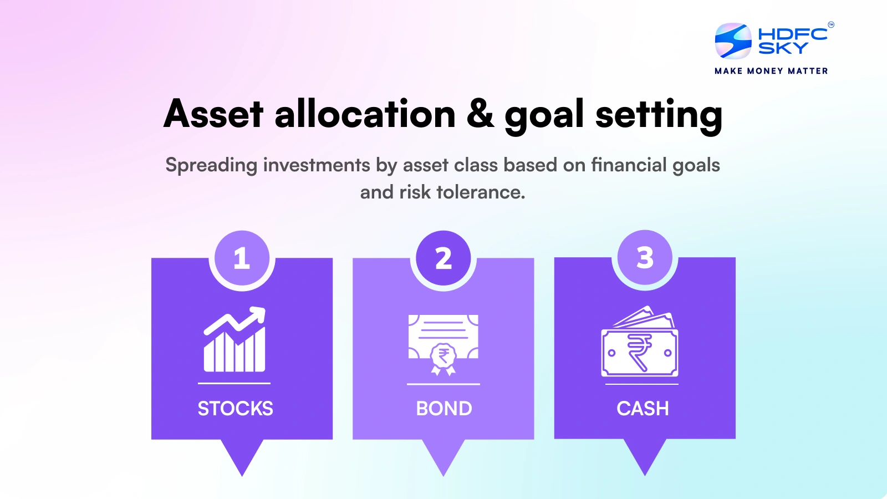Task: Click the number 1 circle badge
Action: pyautogui.click(x=242, y=258)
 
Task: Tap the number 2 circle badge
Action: pyautogui.click(x=443, y=258)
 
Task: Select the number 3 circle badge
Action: pyautogui.click(x=645, y=257)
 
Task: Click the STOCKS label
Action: pyautogui.click(x=235, y=409)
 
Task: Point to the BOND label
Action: pyautogui.click(x=443, y=409)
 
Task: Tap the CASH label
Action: pyautogui.click(x=643, y=409)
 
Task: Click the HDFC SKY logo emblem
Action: pyautogui.click(x=733, y=41)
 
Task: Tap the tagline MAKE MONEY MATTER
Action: pyautogui.click(x=771, y=71)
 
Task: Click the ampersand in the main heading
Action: pyautogui.click(x=480, y=114)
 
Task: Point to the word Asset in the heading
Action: pyautogui.click(x=213, y=114)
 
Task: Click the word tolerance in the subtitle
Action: pyautogui.click(x=480, y=192)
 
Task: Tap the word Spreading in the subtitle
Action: pyautogui.click(x=211, y=166)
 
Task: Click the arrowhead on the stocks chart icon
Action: pyautogui.click(x=259, y=314)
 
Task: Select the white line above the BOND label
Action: pyautogui.click(x=443, y=384)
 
